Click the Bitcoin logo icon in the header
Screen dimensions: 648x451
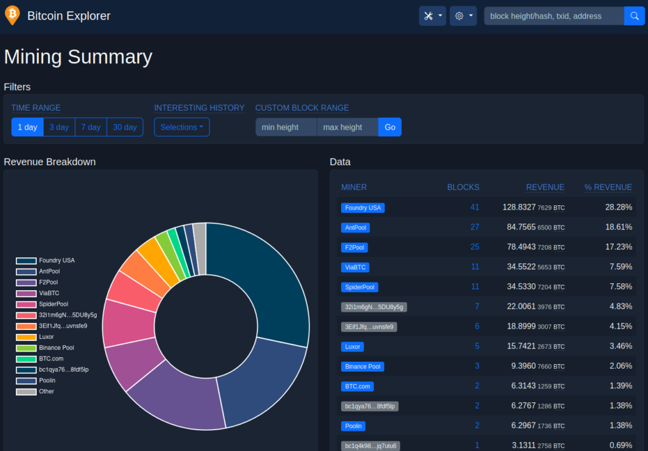[13, 15]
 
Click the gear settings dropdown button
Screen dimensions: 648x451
[463, 16]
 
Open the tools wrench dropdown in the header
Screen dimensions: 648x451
[432, 16]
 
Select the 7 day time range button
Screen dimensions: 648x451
[91, 127]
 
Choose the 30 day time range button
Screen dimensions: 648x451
[125, 127]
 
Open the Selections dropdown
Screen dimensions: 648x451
[182, 127]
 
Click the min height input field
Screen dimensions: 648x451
[286, 127]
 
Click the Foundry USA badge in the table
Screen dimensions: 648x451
[363, 208]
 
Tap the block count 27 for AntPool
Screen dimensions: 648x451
[475, 227]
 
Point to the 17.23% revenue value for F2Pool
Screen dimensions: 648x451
[619, 247]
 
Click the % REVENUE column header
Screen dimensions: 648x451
[608, 187]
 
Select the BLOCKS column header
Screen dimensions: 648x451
[463, 187]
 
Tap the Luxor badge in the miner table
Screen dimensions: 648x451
[352, 346]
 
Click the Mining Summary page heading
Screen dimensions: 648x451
[78, 56]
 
